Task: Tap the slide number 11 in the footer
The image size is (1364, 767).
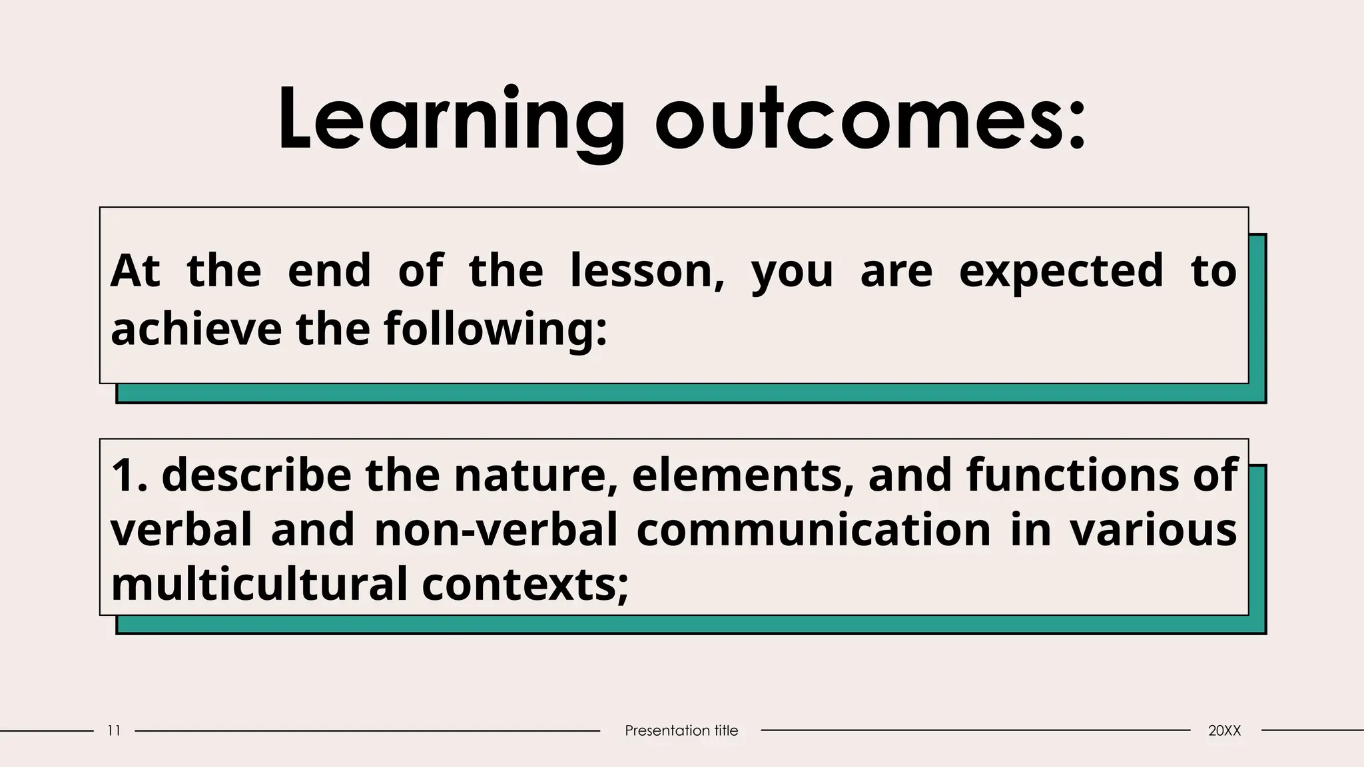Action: [114, 730]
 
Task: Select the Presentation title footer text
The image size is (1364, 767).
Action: [681, 730]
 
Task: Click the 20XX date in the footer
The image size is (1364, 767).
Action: [1224, 730]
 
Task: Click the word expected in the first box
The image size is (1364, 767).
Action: [1060, 271]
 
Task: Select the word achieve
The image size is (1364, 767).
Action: [196, 329]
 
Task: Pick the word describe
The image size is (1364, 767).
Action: [256, 475]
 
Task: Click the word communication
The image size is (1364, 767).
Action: [813, 530]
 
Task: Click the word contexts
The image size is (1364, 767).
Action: [523, 584]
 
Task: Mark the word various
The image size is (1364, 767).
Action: [1153, 530]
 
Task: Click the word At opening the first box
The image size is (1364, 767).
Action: [135, 271]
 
